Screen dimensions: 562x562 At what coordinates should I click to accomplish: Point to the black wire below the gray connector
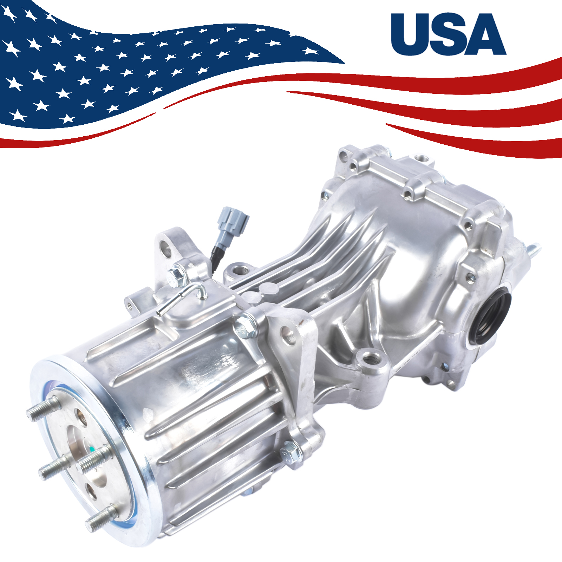click(216, 258)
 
